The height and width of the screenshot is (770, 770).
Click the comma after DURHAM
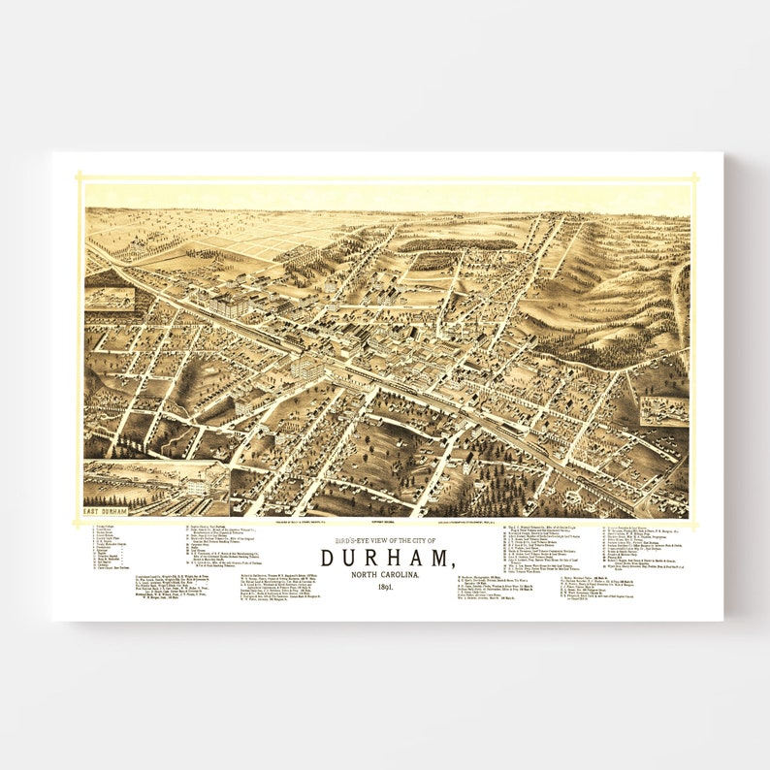(451, 564)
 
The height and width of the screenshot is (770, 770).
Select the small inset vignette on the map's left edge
(110, 299)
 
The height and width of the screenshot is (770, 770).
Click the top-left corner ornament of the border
(80, 177)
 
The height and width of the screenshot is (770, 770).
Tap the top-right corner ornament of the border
(694, 177)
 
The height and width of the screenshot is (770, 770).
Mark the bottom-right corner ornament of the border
(694, 523)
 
